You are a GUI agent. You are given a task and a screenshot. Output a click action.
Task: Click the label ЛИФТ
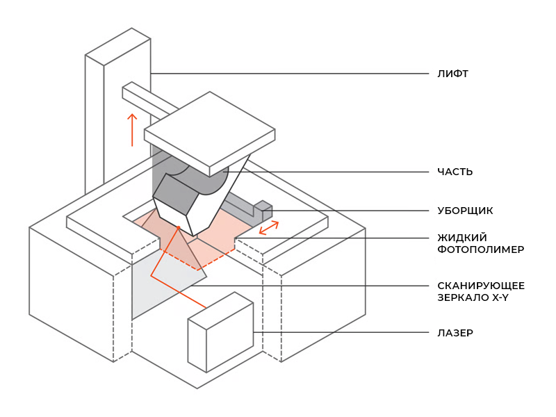pos(452,74)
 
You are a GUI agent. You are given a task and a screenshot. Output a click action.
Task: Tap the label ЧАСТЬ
pos(455,172)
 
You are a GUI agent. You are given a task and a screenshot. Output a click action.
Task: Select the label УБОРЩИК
pos(465,210)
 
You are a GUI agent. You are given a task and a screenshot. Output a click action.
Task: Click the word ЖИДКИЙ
pos(461,237)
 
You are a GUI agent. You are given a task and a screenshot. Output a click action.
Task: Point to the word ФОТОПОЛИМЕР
pos(480,249)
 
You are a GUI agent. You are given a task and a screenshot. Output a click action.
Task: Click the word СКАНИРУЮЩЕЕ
pos(480,286)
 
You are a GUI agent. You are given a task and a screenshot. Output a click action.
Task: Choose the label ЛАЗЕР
pos(455,333)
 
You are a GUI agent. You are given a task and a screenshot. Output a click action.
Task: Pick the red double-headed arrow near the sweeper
pos(269,227)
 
